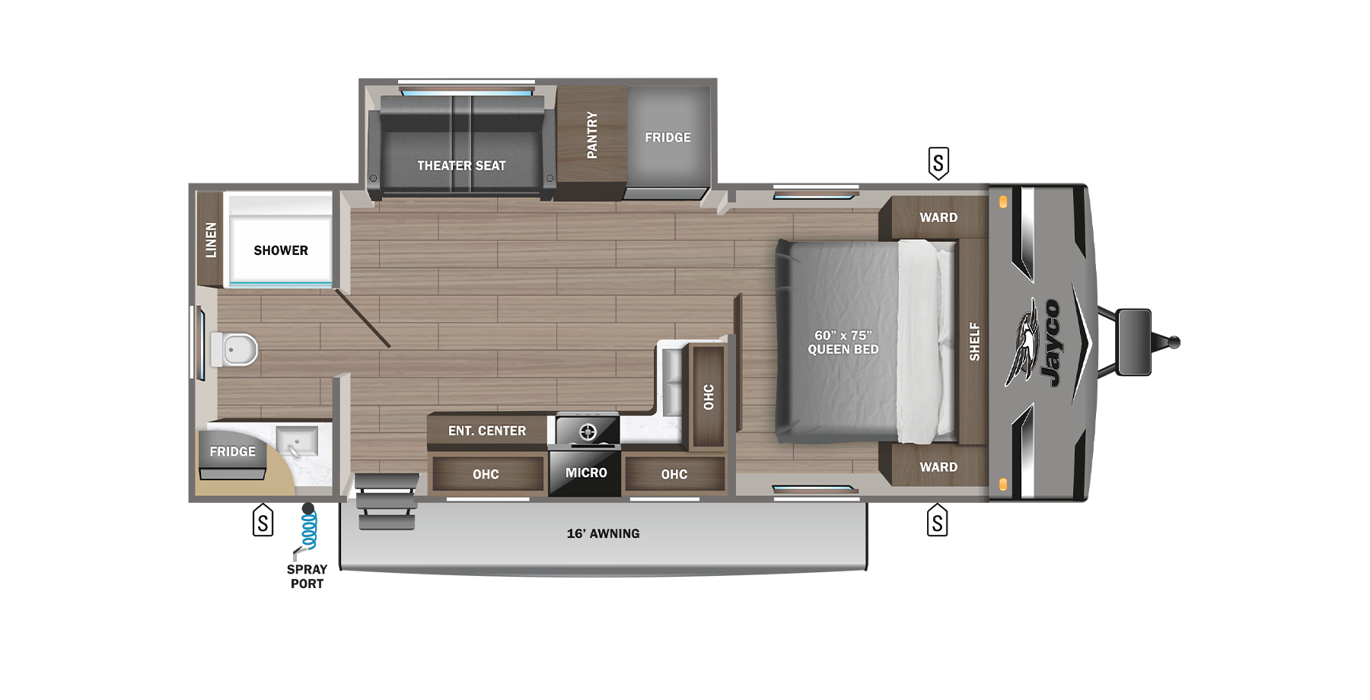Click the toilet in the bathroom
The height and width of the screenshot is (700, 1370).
[x=236, y=350]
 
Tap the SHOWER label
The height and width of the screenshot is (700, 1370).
[x=281, y=250]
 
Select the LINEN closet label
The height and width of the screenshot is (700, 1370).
[x=211, y=240]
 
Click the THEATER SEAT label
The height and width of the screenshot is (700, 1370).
[x=461, y=166]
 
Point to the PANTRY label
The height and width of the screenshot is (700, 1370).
[x=592, y=135]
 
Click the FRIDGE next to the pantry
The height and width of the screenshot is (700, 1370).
[x=667, y=138]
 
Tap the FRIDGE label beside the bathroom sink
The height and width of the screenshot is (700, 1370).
[x=232, y=452]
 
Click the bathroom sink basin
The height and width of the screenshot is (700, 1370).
[x=297, y=441]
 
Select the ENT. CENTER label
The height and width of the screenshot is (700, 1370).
[x=487, y=431]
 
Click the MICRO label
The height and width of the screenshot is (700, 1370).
[x=586, y=473]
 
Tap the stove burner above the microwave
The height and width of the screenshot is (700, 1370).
[x=588, y=432]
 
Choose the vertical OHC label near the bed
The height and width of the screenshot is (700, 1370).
[x=709, y=396]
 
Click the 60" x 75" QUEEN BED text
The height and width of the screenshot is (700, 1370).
[x=843, y=342]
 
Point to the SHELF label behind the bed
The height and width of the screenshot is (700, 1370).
[x=974, y=341]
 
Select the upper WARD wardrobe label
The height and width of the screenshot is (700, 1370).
[x=938, y=218]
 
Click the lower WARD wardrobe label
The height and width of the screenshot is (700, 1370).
[x=938, y=467]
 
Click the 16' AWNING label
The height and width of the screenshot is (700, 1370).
[x=603, y=534]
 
